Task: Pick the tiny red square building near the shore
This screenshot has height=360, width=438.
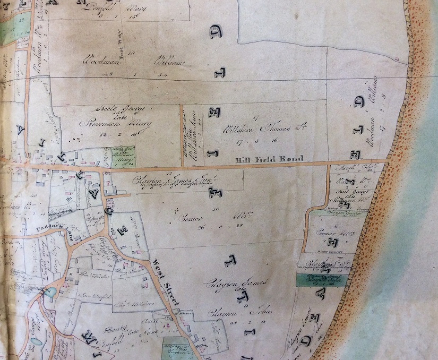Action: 396,56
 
